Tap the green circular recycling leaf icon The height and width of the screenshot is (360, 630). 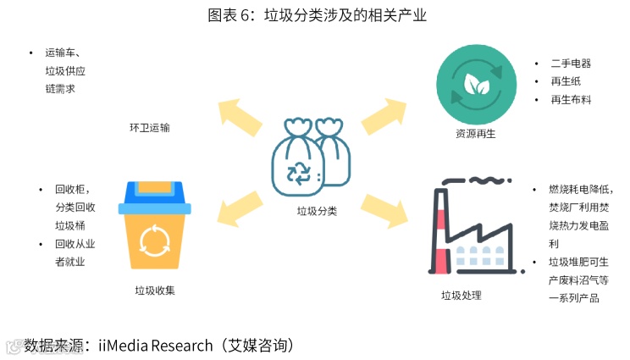[476, 85]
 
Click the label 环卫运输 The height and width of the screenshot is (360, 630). [149, 128]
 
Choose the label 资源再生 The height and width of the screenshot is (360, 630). [475, 134]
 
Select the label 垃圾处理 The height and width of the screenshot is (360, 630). [461, 296]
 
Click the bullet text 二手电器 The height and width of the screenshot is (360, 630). [570, 64]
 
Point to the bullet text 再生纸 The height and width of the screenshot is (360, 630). [565, 81]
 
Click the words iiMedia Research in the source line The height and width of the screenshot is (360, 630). [156, 346]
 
